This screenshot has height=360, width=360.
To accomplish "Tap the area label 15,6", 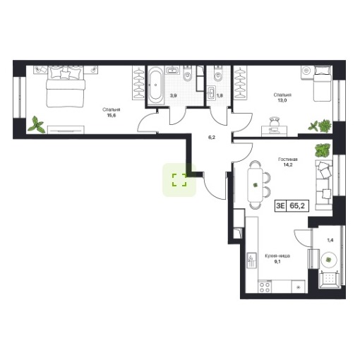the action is [112, 115].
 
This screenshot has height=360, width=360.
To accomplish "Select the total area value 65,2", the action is [297, 205].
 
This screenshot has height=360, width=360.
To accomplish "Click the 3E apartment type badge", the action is [281, 206].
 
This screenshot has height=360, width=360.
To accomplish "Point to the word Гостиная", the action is [288, 160].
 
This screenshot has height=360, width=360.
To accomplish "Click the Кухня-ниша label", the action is [277, 256].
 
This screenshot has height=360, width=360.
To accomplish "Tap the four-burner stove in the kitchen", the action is [265, 287].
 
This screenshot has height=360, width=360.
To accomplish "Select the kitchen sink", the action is [252, 261].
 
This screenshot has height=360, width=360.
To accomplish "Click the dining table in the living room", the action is [255, 184].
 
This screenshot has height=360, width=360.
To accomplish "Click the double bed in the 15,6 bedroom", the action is [66, 87].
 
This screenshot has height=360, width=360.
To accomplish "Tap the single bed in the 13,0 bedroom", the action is [323, 83].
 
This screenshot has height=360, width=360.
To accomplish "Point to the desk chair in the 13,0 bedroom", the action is [275, 121].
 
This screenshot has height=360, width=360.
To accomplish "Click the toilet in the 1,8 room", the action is [218, 74].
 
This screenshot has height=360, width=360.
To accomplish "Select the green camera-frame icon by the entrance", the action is [179, 180].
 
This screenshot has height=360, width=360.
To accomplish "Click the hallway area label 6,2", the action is [212, 138].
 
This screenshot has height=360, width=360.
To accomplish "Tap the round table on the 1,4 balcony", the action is [329, 260].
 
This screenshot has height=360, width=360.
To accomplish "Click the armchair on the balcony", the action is [329, 280].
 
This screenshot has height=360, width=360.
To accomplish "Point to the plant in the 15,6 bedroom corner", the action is [37, 124].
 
